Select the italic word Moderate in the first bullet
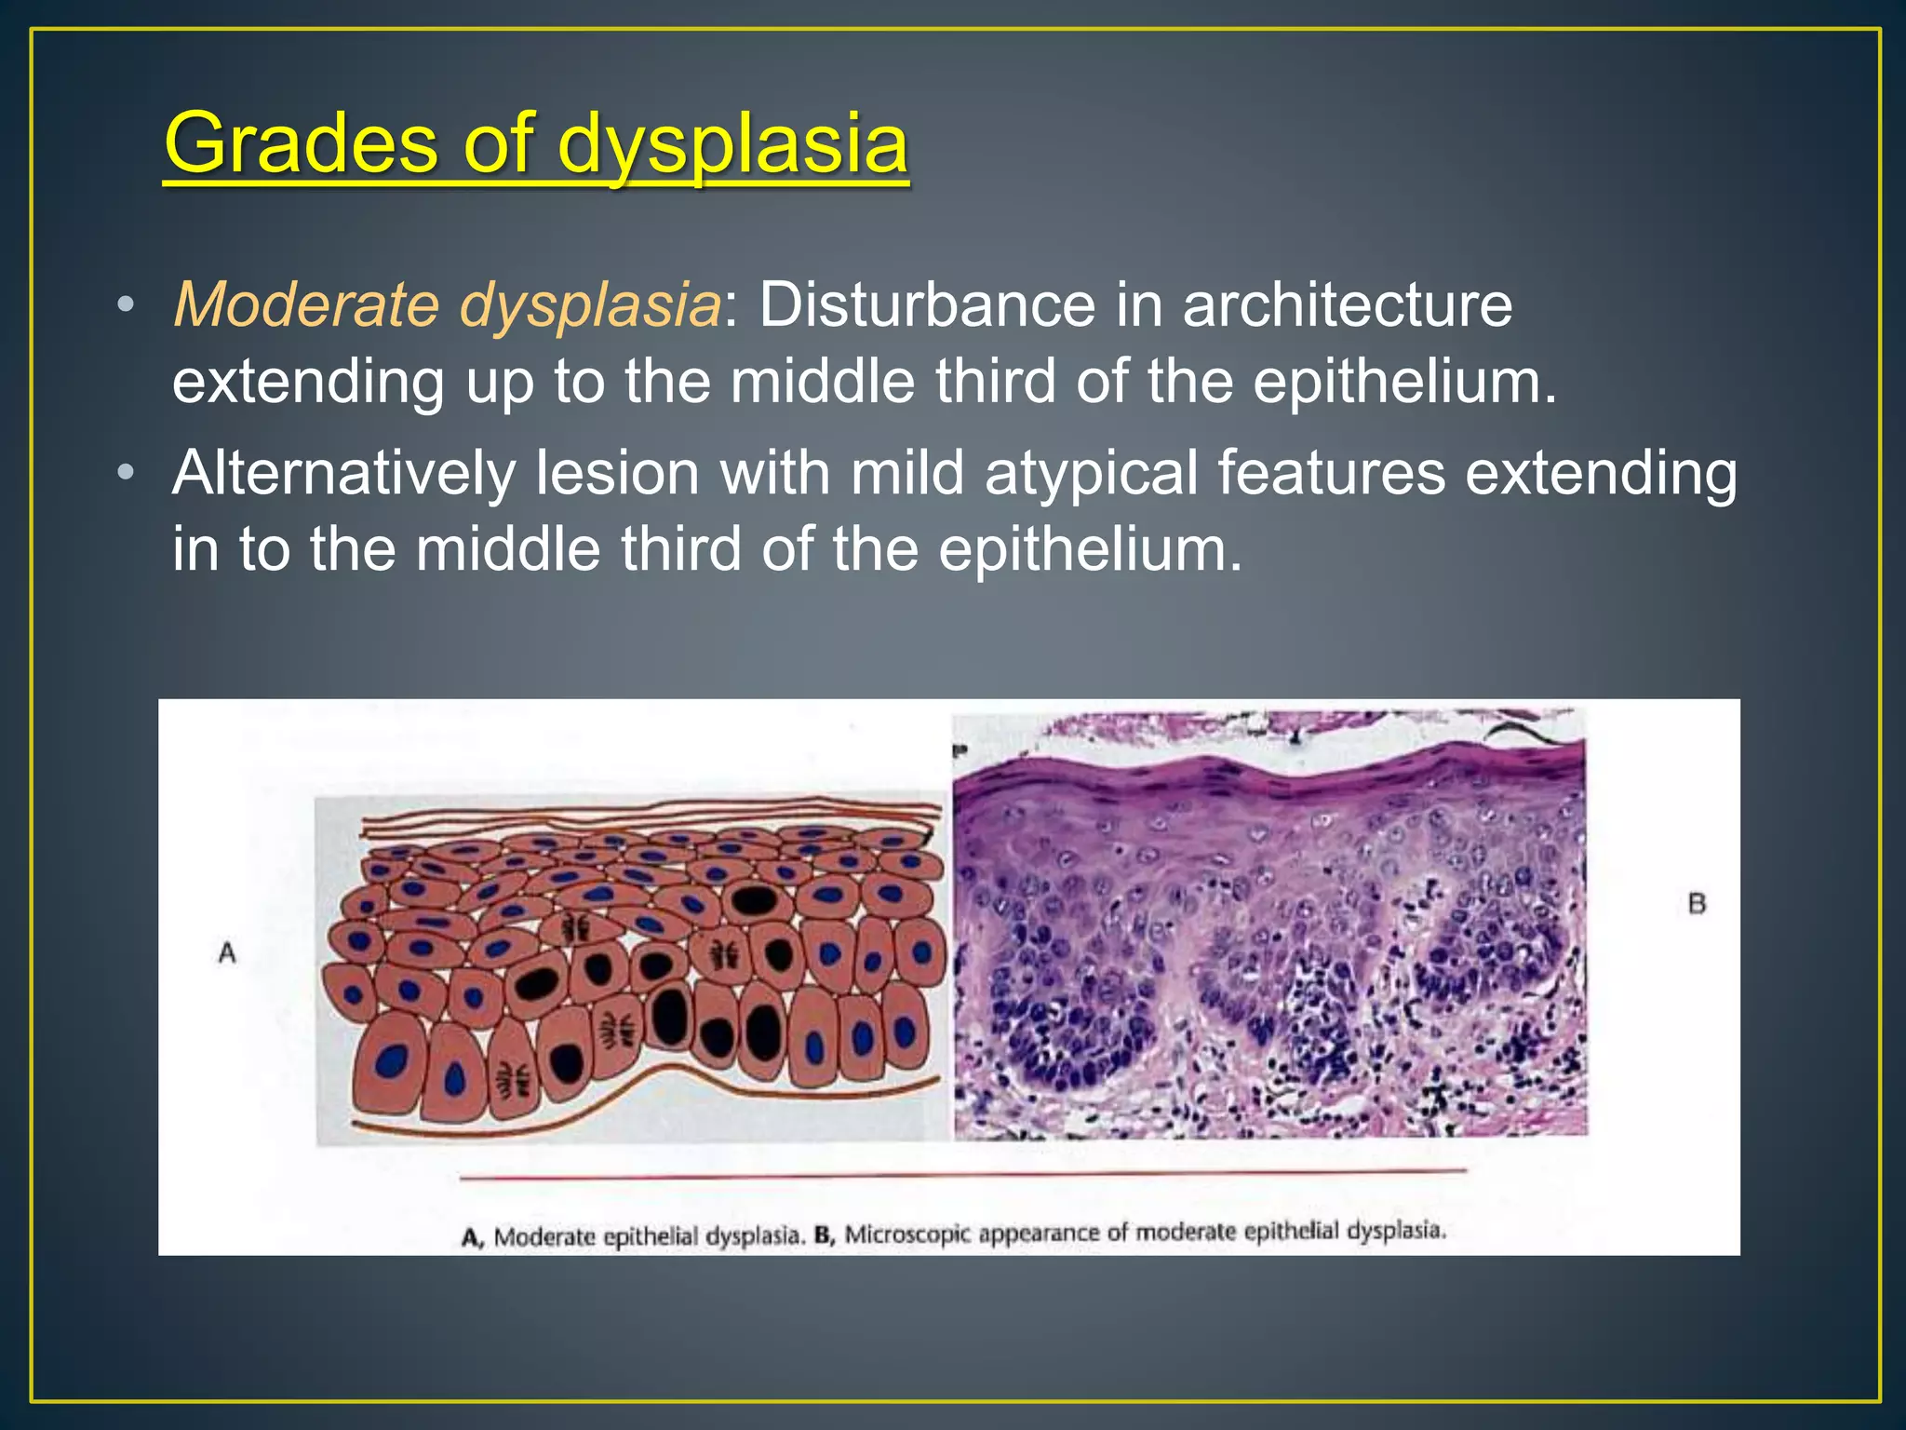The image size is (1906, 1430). pos(306,305)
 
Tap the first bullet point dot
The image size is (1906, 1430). pos(126,305)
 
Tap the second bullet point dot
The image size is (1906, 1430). pos(126,473)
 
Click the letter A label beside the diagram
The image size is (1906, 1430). pos(227,953)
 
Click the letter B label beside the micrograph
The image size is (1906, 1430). pos(1697,903)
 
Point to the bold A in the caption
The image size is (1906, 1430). pos(472,1237)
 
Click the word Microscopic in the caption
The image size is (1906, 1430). pos(907,1234)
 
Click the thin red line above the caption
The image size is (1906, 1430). pos(962,1173)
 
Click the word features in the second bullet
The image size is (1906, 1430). pos(1331,473)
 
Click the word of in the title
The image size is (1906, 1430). pos(498,143)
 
